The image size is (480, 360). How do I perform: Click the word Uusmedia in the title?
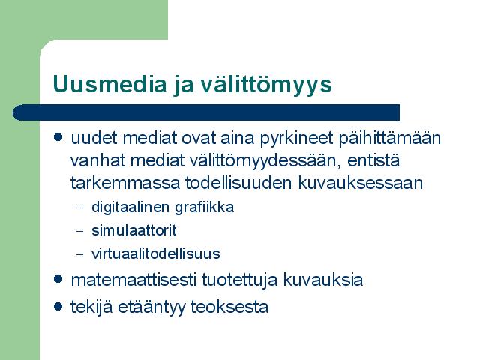click(x=109, y=83)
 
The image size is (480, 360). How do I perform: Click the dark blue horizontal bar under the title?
click(x=205, y=112)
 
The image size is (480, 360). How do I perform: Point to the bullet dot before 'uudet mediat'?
click(x=58, y=136)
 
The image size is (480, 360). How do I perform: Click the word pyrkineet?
click(x=296, y=139)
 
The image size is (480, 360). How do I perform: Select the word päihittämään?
click(x=390, y=139)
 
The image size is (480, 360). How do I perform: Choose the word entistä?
click(x=373, y=160)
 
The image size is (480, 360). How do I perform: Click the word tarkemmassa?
click(x=125, y=183)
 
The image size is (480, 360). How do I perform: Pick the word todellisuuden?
click(x=238, y=182)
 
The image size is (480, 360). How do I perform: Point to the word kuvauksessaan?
click(x=360, y=183)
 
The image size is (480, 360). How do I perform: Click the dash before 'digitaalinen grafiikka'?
click(x=80, y=208)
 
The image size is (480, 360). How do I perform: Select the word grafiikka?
click(x=204, y=208)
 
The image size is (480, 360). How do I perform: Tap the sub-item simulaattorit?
click(x=133, y=230)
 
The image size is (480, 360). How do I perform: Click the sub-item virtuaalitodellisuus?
click(x=155, y=253)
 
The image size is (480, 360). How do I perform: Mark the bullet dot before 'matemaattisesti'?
click(x=58, y=278)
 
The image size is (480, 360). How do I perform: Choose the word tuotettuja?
click(x=239, y=280)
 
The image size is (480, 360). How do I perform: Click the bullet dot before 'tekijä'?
click(x=58, y=306)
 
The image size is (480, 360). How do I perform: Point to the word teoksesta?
click(x=229, y=307)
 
